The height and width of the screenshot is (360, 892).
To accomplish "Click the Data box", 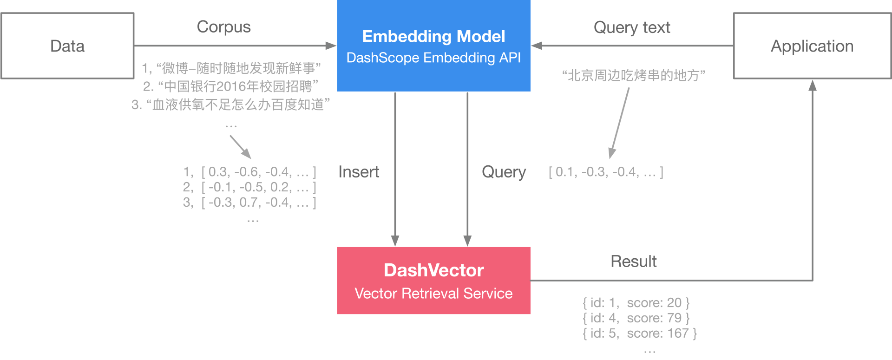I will click(x=67, y=46).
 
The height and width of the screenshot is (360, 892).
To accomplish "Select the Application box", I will click(x=812, y=46).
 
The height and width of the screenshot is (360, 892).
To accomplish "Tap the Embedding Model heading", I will click(x=433, y=36).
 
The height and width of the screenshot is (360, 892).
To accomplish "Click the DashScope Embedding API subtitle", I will click(x=433, y=58).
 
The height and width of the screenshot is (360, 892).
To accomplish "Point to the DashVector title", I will click(x=433, y=270).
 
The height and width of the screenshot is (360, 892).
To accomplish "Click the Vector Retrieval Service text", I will click(x=433, y=294).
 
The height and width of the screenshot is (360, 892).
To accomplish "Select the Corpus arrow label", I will click(x=223, y=27).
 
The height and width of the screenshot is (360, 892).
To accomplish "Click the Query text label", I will click(x=632, y=27).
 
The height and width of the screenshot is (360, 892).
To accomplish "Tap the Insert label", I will click(x=359, y=172).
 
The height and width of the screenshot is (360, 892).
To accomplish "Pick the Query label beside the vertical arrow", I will click(x=504, y=172).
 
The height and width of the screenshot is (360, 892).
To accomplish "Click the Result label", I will click(x=633, y=262).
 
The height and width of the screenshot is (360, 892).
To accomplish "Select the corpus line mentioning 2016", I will click(x=231, y=86).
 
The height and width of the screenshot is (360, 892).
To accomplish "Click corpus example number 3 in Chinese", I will click(x=231, y=105).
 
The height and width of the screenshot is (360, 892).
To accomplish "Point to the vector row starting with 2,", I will click(x=249, y=187).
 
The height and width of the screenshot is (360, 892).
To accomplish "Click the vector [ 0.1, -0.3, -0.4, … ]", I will click(x=606, y=172).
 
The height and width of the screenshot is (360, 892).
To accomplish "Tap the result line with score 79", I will click(x=636, y=318).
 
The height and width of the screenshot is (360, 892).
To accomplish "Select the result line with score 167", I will click(x=640, y=334).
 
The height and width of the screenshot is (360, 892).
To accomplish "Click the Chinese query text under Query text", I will click(x=634, y=75).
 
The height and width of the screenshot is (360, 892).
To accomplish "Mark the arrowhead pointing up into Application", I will click(x=813, y=85).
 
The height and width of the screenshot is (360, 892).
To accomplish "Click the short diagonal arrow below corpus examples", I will click(x=241, y=147).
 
